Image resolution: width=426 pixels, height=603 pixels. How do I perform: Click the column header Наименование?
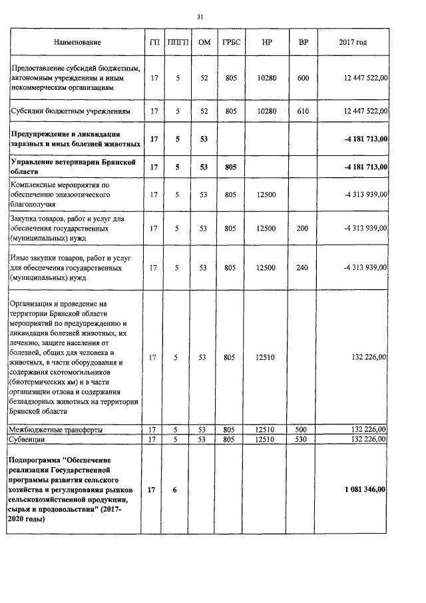[x=77, y=43]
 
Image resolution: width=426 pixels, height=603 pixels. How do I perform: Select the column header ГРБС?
[x=230, y=43]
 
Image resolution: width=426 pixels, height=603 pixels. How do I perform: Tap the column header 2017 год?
[x=353, y=43]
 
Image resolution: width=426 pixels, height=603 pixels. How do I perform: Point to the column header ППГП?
[x=178, y=43]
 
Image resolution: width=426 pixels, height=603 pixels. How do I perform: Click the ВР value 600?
[x=303, y=79]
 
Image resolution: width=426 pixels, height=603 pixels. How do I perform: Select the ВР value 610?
[x=303, y=111]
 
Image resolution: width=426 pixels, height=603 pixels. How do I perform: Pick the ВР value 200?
[x=303, y=229]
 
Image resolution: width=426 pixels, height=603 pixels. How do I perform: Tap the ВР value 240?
[x=303, y=267]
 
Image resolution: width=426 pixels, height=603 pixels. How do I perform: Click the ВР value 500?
[x=303, y=430]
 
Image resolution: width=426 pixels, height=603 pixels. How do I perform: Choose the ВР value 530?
[x=303, y=440]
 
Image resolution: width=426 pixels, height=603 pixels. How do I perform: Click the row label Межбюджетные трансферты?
[x=55, y=430]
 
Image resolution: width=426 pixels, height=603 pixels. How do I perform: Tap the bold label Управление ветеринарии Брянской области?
[x=73, y=166]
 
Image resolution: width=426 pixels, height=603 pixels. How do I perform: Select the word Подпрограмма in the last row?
[x=33, y=460]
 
